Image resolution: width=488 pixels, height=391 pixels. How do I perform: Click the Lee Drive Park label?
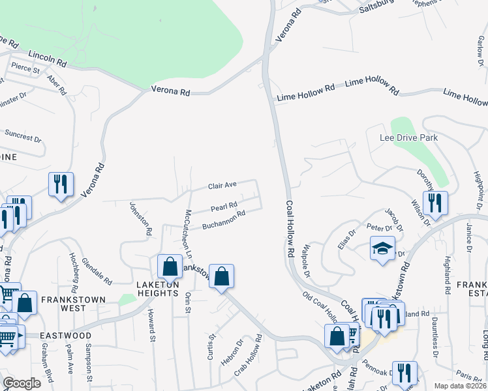(408, 138)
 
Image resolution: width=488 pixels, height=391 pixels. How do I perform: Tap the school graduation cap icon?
(382, 248)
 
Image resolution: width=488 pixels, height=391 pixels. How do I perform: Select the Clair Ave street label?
(222, 186)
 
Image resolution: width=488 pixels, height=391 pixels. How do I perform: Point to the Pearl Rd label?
(223, 208)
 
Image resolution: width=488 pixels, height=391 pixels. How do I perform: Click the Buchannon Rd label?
(223, 220)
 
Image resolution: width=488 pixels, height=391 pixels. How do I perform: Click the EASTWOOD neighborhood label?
(65, 336)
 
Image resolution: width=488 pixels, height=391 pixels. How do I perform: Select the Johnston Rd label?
(140, 218)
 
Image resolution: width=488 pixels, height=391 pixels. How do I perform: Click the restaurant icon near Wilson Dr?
(435, 203)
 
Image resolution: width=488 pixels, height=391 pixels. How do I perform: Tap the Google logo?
(22, 383)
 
